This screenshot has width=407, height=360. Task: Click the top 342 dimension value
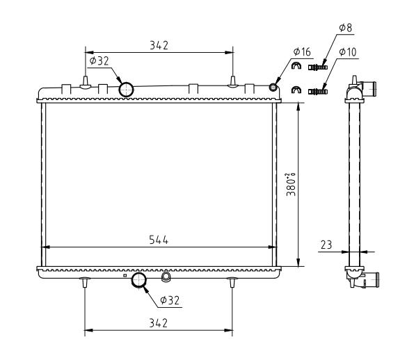click(x=159, y=45)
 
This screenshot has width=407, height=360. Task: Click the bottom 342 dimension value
click(x=159, y=323)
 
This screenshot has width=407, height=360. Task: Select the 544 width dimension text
click(x=159, y=240)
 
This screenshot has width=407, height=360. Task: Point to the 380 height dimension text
click(x=291, y=184)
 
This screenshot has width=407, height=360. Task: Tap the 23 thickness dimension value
click(x=326, y=245)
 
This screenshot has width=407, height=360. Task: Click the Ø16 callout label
click(x=302, y=51)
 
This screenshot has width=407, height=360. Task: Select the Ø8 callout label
click(x=346, y=28)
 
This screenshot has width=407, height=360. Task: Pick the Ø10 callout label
click(x=348, y=52)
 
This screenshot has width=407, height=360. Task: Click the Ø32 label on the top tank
click(x=99, y=61)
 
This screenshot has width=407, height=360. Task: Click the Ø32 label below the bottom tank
click(x=170, y=300)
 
